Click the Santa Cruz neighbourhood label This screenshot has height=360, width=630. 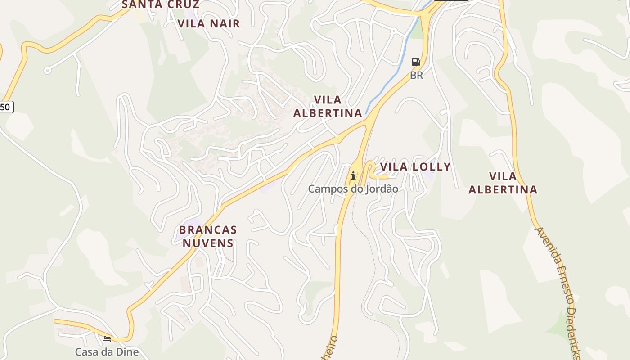tap(161, 4)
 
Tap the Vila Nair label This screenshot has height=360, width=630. tap(209, 23)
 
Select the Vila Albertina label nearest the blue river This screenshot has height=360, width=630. tap(328, 107)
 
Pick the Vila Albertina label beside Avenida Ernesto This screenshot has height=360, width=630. tap(503, 183)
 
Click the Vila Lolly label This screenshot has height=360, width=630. tap(415, 167)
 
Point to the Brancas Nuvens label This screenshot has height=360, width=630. tap(208, 236)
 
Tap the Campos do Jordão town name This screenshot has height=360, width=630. tap(353, 189)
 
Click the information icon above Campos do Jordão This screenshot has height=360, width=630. tap(353, 175)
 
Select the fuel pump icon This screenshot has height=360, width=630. tap(416, 62)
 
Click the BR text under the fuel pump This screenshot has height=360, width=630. tap(417, 75)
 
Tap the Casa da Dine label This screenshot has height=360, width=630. tap(107, 351)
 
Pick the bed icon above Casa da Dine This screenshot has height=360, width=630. tap(107, 338)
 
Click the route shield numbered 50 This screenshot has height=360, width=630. tap(6, 107)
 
